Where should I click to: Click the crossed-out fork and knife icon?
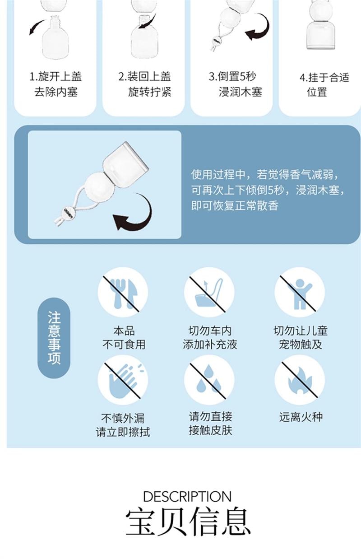(123, 292)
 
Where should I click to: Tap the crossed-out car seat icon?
(209, 292)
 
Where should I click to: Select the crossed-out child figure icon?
(300, 292)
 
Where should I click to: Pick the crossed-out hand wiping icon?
(123, 380)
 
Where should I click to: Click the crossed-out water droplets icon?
(209, 380)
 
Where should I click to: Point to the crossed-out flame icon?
(300, 380)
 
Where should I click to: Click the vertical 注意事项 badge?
(54, 338)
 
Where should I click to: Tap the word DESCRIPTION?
(187, 496)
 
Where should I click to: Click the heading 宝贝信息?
(188, 522)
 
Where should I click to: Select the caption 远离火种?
(301, 417)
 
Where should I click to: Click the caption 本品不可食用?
(124, 338)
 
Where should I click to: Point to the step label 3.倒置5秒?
(232, 76)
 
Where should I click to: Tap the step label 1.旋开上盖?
(56, 76)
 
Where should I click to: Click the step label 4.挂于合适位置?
(324, 84)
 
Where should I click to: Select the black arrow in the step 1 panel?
(37, 27)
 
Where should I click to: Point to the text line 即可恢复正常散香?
(235, 206)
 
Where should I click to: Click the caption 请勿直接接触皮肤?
(210, 423)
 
